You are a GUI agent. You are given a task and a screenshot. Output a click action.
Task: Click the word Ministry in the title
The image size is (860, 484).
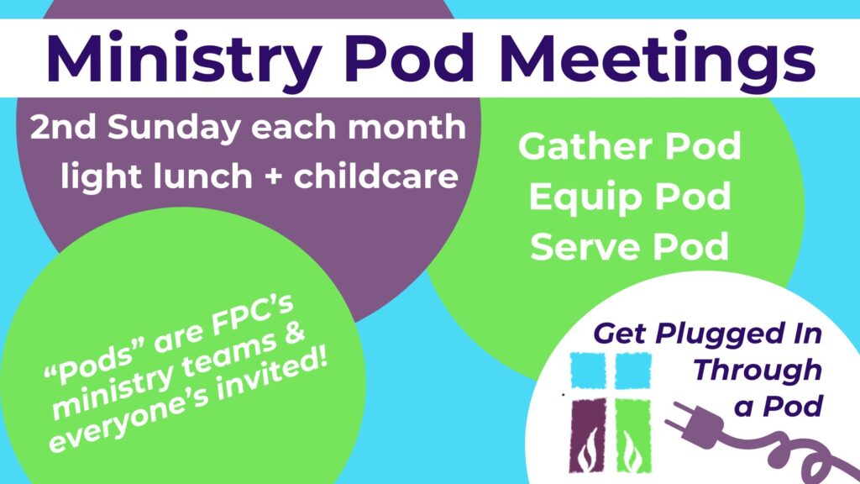pyautogui.click(x=184, y=60)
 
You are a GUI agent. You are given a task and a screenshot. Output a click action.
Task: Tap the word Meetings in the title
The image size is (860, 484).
pyautogui.click(x=658, y=60)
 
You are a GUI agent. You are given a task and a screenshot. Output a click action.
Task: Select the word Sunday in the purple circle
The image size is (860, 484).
pyautogui.click(x=174, y=129)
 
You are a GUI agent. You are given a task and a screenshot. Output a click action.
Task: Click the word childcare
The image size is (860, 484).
pyautogui.click(x=375, y=176)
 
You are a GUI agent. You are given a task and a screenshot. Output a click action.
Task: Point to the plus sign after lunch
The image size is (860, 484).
pyautogui.click(x=273, y=178)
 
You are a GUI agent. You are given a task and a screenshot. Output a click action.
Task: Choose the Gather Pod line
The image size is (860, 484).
pyautogui.click(x=630, y=146)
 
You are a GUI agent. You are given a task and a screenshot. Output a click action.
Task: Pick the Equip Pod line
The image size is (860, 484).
pyautogui.click(x=630, y=197)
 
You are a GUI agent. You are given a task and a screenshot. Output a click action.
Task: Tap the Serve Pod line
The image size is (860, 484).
pyautogui.click(x=630, y=246)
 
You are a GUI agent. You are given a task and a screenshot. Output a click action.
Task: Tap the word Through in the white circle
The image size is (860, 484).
pyautogui.click(x=758, y=370)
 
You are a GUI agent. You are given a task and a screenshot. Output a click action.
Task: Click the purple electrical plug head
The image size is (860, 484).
pyautogui.click(x=693, y=426)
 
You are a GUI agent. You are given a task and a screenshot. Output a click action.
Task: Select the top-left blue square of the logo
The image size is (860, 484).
pyautogui.click(x=588, y=371)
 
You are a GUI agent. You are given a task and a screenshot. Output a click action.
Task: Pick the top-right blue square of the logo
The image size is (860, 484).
pyautogui.click(x=633, y=371)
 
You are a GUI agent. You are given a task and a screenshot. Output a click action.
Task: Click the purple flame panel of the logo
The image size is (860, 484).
pyautogui.click(x=588, y=435)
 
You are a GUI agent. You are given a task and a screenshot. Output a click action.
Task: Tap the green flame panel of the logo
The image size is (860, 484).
pyautogui.click(x=633, y=436)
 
